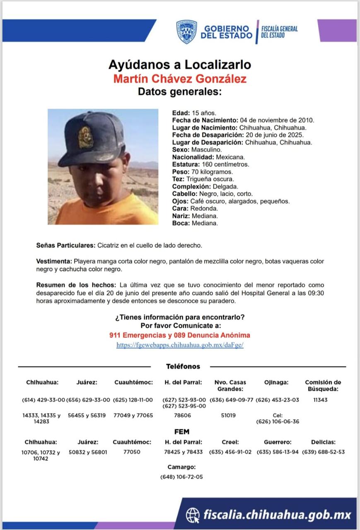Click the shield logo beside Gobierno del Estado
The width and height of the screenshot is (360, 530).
[186, 32]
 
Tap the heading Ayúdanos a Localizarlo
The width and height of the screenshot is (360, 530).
[179, 65]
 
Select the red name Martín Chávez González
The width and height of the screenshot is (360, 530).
[179, 78]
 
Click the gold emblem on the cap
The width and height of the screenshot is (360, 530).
[86, 137]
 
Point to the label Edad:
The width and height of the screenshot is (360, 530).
[181, 113]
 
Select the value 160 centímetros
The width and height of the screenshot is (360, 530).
[228, 164]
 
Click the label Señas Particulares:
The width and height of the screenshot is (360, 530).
[66, 246]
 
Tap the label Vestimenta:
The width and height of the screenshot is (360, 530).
[54, 262]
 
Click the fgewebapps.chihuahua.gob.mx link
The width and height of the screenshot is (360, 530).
[179, 345]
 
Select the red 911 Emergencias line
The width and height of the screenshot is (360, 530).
[179, 335]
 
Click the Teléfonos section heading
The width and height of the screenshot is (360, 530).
[183, 366]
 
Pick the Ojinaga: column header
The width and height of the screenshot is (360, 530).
[276, 383]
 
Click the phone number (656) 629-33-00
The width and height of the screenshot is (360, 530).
[88, 400]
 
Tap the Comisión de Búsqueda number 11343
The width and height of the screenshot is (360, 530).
[321, 400]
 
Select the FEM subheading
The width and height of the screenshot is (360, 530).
[182, 432]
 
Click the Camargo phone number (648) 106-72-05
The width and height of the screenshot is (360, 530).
[181, 477]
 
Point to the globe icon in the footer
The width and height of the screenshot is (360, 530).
[193, 515]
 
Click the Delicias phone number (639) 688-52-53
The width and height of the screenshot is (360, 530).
[324, 452]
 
